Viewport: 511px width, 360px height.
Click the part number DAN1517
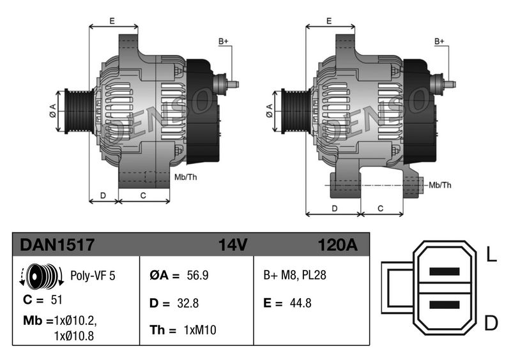(x=57, y=244)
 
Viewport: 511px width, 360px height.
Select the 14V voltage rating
(x=233, y=244)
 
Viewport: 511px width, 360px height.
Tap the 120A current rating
(x=338, y=244)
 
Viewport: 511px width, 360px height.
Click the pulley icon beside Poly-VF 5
(x=42, y=276)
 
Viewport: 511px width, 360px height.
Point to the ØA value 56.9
(x=197, y=275)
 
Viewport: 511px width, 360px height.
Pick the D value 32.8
(x=188, y=303)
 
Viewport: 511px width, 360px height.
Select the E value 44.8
(x=300, y=303)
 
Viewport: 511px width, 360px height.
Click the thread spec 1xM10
(x=200, y=330)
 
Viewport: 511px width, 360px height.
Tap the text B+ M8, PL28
(x=294, y=275)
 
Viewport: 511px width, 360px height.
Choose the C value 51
(x=56, y=299)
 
